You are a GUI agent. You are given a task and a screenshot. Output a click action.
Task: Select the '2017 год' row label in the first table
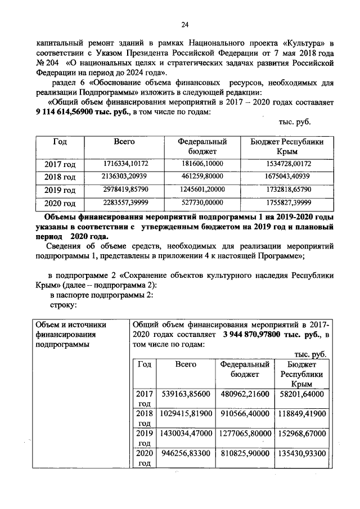click(x=60, y=164)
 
